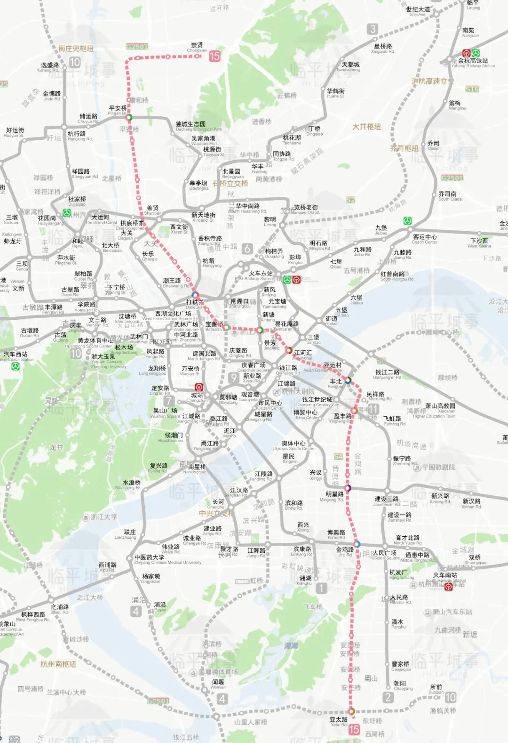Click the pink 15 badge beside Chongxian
(x=214, y=56)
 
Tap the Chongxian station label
(x=197, y=47)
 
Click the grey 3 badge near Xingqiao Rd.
(x=373, y=29)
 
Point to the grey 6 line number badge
(x=247, y=249)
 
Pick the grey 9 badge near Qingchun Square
(x=233, y=377)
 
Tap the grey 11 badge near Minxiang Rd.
(x=373, y=409)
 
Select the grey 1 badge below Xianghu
(x=322, y=588)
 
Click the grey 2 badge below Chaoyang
(x=388, y=697)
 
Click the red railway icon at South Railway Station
(x=448, y=587)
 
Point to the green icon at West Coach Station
(x=16, y=366)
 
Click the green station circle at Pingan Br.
(x=129, y=117)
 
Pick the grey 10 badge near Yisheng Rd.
(x=75, y=63)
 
